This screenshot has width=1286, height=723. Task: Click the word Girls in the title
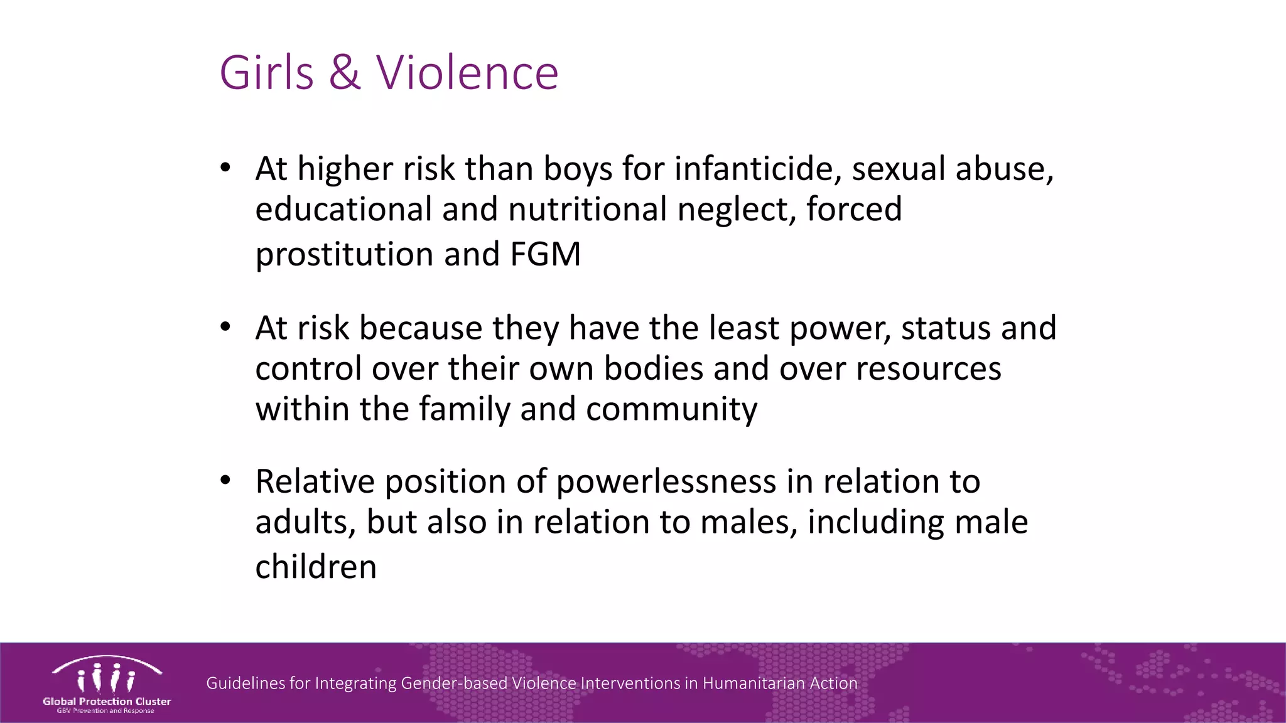coord(266,73)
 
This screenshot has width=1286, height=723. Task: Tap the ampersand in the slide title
coord(345,73)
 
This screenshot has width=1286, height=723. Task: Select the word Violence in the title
coord(467,73)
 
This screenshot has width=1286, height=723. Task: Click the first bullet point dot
coord(225,168)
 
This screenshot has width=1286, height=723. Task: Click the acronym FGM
coord(545,254)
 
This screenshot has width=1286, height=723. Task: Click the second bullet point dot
coord(225,327)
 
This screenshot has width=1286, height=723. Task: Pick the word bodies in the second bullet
coord(653,368)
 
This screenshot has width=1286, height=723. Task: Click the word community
coord(671,410)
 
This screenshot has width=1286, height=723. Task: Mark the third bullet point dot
coord(225,481)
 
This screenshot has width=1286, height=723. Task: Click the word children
coord(316,567)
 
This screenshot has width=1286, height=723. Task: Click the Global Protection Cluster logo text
coord(107,701)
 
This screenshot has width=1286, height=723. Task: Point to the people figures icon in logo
coord(105,678)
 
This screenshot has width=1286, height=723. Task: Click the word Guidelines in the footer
coord(246,683)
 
